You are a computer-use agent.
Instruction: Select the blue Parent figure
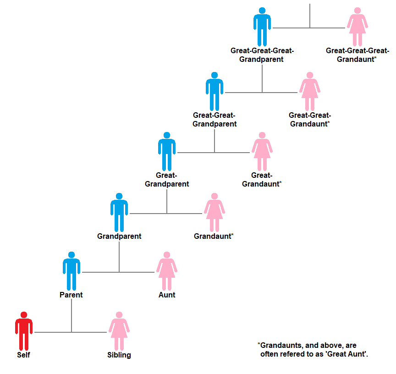(71, 271)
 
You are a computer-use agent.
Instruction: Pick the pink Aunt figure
(167, 271)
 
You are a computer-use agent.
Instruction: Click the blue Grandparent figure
(119, 213)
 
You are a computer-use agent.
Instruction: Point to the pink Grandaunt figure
(214, 213)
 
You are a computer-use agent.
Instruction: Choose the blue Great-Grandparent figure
(167, 152)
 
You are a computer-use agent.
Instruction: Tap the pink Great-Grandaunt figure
(262, 152)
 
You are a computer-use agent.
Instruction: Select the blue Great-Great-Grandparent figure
(214, 92)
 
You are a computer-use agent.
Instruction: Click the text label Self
(24, 355)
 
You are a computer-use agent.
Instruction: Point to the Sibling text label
(119, 355)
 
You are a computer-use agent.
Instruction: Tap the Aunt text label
(167, 295)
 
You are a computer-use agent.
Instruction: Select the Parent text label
(71, 295)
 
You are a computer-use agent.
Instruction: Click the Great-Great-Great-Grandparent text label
(262, 55)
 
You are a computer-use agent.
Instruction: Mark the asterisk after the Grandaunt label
(232, 235)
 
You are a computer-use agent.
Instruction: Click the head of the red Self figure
(24, 315)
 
